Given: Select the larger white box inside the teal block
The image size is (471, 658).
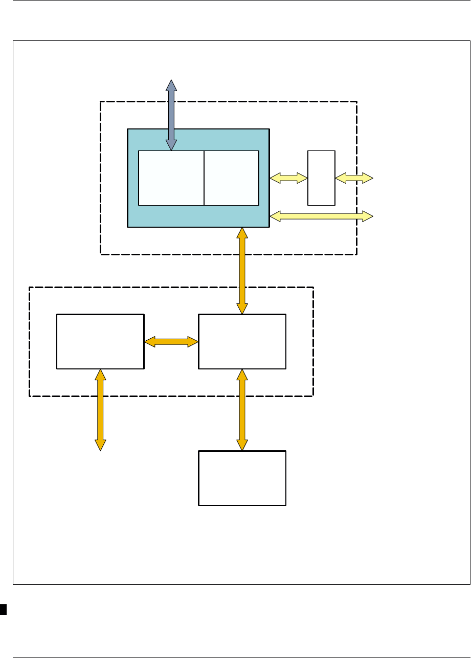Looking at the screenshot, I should click(171, 178).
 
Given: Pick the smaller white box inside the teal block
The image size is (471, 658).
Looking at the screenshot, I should click(232, 178).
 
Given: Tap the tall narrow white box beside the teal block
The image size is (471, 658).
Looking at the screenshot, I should click(321, 178).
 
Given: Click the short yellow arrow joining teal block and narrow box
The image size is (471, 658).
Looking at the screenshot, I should click(288, 178).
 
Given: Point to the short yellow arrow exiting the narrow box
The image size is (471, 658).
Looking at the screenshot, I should click(354, 178).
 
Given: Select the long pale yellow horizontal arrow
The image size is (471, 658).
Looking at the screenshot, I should click(321, 216).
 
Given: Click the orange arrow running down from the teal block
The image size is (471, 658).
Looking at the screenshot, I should click(242, 271).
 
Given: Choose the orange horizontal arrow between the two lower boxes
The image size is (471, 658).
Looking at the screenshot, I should click(171, 341).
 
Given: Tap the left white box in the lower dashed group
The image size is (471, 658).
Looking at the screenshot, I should click(100, 341).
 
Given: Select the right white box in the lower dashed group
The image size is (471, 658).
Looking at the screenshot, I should click(242, 341).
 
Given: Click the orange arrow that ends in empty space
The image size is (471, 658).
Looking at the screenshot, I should click(100, 410).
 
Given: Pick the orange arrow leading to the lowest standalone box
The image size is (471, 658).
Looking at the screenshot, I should click(242, 410).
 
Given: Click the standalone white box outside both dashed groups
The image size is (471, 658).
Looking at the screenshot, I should click(242, 478).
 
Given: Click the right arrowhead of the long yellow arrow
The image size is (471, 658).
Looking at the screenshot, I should click(368, 216).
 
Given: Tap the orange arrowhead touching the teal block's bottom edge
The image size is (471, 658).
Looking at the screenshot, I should click(242, 233).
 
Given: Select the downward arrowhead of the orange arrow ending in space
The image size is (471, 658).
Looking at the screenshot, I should click(100, 445).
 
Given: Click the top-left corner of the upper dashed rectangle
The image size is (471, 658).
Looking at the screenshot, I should click(101, 102).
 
